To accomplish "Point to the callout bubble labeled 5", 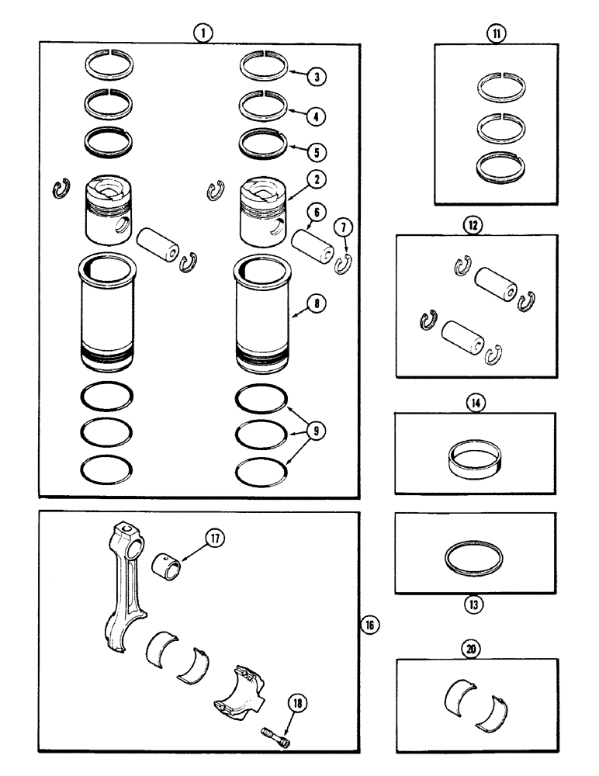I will coord(317,150).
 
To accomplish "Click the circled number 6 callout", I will coord(316,212).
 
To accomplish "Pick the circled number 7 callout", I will coord(345,226).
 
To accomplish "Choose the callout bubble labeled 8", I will coord(316,307).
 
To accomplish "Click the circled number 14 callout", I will coord(474,403).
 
